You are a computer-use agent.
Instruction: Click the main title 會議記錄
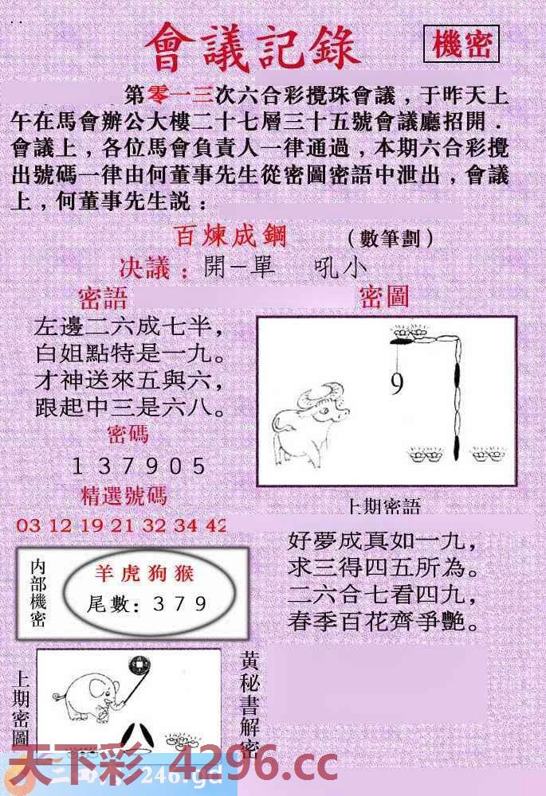click(x=253, y=45)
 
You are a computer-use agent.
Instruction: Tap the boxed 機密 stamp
click(x=462, y=45)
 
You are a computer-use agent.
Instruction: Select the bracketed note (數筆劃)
click(x=390, y=238)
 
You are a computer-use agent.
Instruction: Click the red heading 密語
click(x=103, y=298)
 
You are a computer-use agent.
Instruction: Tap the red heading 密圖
click(x=384, y=297)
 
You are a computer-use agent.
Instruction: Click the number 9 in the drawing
click(x=396, y=385)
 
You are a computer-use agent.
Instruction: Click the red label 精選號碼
click(x=124, y=496)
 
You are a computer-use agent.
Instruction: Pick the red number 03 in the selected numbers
click(x=27, y=525)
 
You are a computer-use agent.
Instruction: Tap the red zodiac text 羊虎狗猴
click(x=145, y=573)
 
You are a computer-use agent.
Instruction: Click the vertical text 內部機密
click(x=37, y=593)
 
